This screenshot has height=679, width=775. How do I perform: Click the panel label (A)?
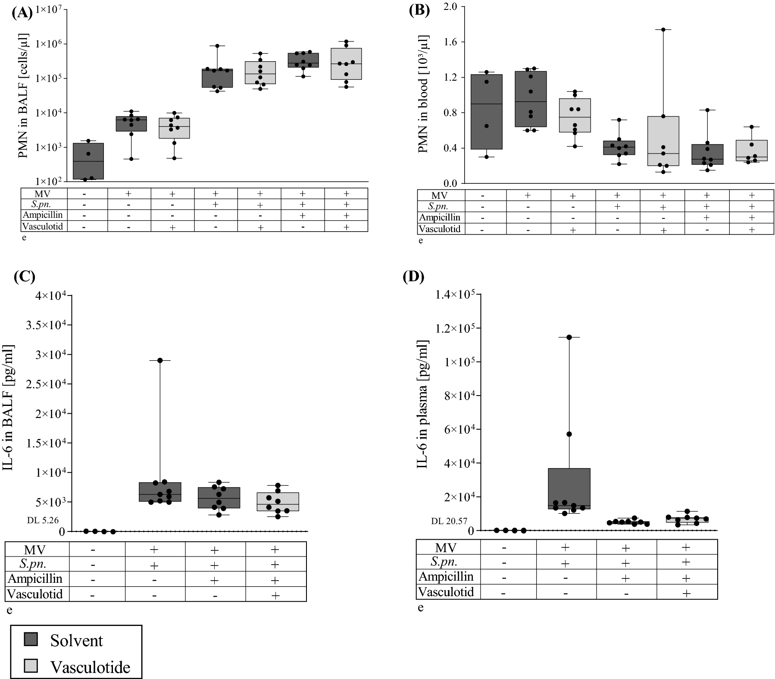(x=22, y=13)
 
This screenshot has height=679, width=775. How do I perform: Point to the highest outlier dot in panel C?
(x=160, y=360)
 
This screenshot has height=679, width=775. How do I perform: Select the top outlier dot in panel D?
(x=569, y=337)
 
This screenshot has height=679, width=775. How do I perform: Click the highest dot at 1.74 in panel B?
(x=663, y=29)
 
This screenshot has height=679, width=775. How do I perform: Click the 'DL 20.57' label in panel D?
(x=449, y=521)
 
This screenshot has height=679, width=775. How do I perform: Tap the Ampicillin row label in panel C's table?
(x=35, y=578)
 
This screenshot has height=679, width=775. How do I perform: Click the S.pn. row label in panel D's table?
(x=444, y=562)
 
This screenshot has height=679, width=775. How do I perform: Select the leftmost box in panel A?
(x=88, y=161)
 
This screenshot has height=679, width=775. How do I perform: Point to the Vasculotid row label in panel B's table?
(x=439, y=229)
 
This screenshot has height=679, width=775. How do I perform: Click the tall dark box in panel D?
(x=569, y=488)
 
